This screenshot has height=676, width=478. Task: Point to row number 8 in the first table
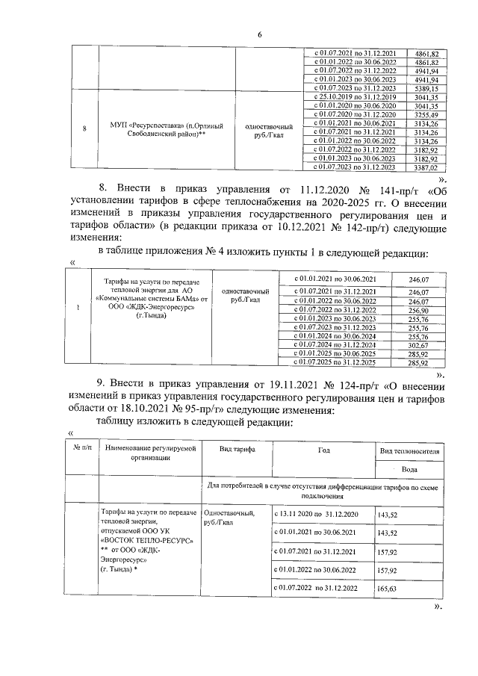tap(84, 129)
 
